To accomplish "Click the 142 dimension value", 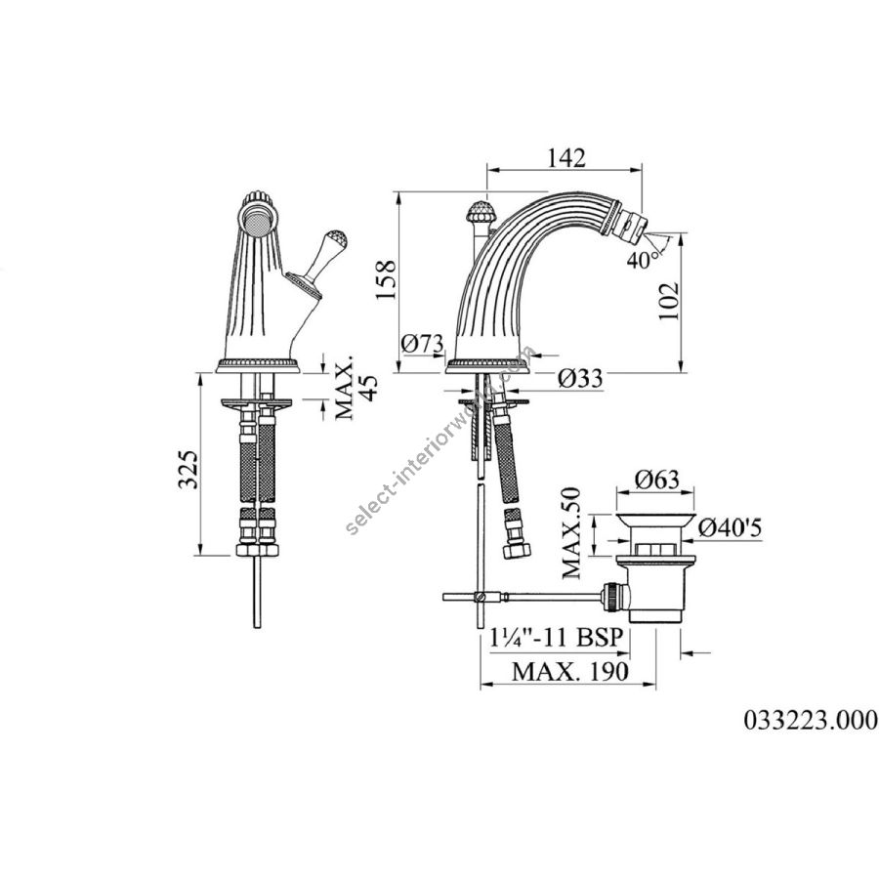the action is point(566,157).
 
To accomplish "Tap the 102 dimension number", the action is point(668,301).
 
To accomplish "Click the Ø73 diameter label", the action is point(422,343).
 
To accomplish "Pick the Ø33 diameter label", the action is point(581,378).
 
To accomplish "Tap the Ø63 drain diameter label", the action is point(657,480).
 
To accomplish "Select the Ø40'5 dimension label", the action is point(731,527).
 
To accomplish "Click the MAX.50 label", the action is point(571,532).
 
